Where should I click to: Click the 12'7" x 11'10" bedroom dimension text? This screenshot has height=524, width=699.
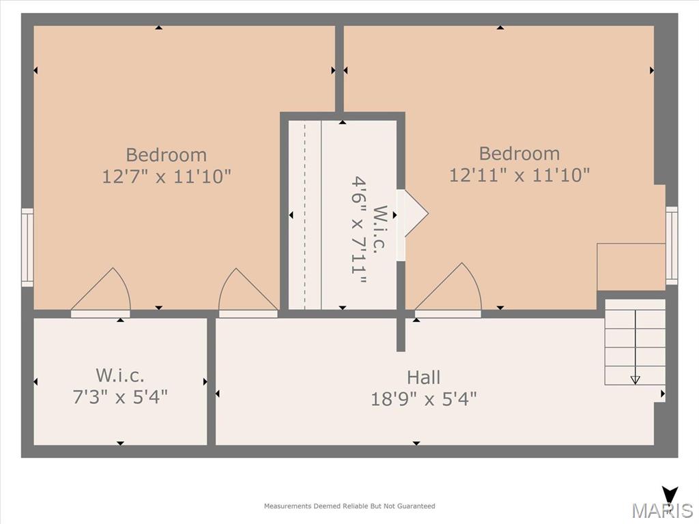tap(167, 177)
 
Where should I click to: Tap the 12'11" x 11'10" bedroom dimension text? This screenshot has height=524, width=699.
tap(519, 175)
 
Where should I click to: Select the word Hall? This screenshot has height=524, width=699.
tap(423, 377)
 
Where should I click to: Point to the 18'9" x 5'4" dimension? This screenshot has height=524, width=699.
tap(423, 398)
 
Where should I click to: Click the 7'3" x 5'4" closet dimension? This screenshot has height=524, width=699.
tap(120, 396)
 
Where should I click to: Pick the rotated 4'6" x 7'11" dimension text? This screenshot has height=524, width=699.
tap(359, 230)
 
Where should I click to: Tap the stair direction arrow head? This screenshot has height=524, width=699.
tap(636, 379)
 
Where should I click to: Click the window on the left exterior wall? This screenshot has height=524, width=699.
tap(27, 247)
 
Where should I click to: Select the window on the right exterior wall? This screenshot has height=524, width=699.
tap(672, 246)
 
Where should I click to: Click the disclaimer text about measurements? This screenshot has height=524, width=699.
tap(349, 506)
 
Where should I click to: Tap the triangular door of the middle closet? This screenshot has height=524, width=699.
tap(412, 214)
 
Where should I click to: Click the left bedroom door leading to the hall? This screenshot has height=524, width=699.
tap(248, 292)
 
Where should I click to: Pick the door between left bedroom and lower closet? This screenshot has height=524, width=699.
tap(101, 292)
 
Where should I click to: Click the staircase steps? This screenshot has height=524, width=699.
tap(635, 342)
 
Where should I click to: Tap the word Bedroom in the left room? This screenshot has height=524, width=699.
tap(167, 155)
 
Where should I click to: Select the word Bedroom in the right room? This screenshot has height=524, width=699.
tap(519, 154)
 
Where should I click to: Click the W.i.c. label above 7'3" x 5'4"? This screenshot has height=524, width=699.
tap(120, 375)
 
